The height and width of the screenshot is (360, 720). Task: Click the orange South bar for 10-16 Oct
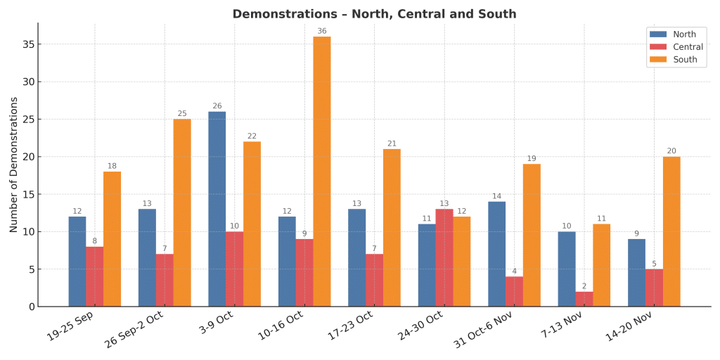[x=322, y=172]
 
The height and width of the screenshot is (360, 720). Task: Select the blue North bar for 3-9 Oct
[x=217, y=209]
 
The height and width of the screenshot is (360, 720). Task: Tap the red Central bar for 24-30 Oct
[x=444, y=257]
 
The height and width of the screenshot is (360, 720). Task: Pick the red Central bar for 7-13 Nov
[x=584, y=299]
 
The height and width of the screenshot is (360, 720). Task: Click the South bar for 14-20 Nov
[x=671, y=231]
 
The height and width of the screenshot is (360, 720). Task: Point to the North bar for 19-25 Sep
[x=77, y=262]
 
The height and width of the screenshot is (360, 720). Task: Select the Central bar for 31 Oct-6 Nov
[x=514, y=291]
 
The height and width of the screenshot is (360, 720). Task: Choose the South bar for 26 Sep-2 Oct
[x=182, y=212]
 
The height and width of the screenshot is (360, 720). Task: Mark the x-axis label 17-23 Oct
[x=349, y=327]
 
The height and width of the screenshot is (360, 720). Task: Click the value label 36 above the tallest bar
[x=322, y=31]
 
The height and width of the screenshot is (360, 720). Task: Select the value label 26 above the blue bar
[x=217, y=106]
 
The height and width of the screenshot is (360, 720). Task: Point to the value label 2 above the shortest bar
[x=584, y=286]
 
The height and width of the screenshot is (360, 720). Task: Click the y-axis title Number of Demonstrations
[x=14, y=165]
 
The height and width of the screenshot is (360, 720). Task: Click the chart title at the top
[x=374, y=14]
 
